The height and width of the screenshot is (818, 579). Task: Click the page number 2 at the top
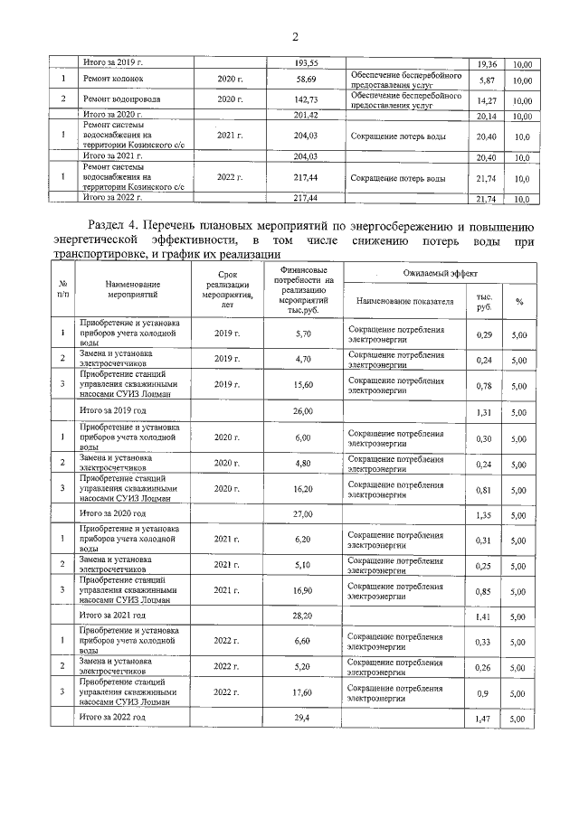coord(295,37)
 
